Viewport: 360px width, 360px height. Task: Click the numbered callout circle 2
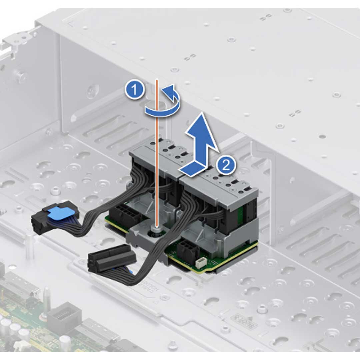tap(226, 165)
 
